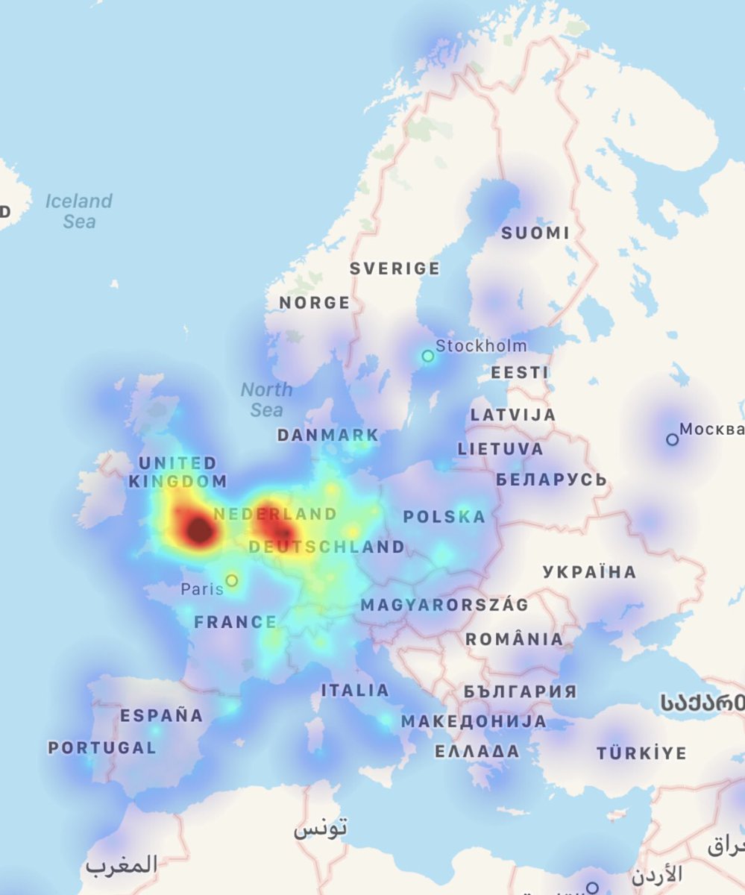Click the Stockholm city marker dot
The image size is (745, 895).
(x=428, y=356)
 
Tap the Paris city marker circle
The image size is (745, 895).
(x=232, y=580)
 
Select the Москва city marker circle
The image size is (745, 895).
(x=672, y=439)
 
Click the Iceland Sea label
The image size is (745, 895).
(x=79, y=211)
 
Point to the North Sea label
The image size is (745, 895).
(x=266, y=400)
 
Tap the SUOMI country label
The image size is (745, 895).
(x=535, y=233)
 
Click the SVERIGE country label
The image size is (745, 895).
(x=395, y=268)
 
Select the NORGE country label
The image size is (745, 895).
(x=315, y=302)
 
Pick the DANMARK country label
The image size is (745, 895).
(x=328, y=435)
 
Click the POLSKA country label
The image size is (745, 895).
(x=444, y=516)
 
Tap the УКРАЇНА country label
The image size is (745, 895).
(x=590, y=572)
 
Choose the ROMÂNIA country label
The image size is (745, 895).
(x=515, y=639)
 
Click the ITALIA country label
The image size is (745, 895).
(x=355, y=691)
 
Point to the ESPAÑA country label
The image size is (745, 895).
(x=162, y=715)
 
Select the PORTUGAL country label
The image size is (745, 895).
(x=102, y=747)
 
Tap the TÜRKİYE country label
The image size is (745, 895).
(x=641, y=753)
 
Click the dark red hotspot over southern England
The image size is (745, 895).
(x=198, y=530)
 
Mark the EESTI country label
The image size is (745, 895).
(x=520, y=371)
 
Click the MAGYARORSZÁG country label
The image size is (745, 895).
(x=444, y=605)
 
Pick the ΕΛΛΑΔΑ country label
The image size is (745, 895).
(x=477, y=750)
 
